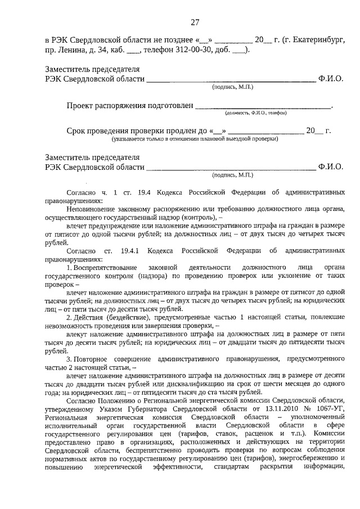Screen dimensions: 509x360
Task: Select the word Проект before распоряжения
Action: [x=82, y=105]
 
